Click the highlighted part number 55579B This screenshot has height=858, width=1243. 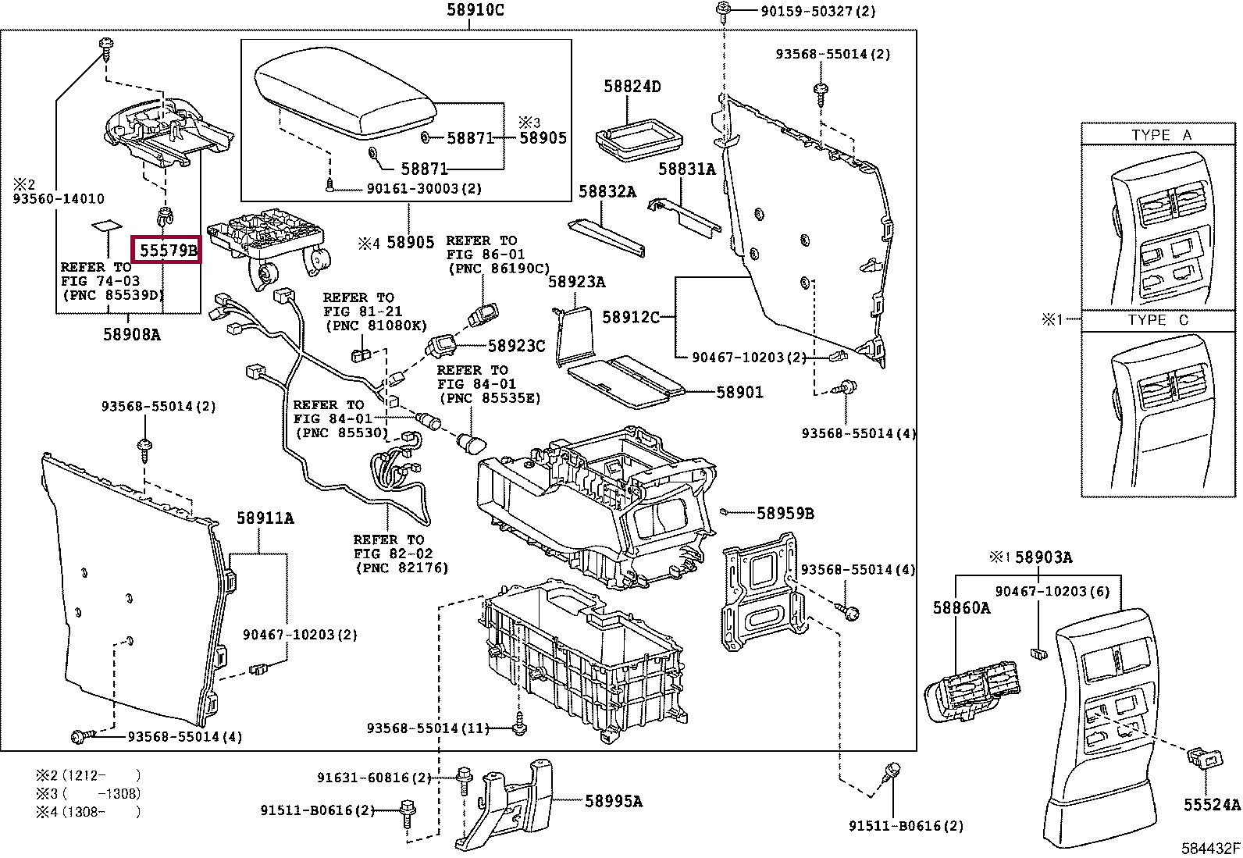[168, 251]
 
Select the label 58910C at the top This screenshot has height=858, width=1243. [475, 10]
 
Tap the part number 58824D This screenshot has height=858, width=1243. [632, 86]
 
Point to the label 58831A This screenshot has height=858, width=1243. [687, 169]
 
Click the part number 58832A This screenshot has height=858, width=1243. [607, 191]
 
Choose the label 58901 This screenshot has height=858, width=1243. [739, 393]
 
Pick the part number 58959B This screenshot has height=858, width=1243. [785, 514]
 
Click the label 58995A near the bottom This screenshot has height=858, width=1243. [614, 801]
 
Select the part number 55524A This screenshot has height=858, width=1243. [1211, 804]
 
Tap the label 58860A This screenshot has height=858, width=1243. [961, 607]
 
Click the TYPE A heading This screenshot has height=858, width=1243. [1162, 135]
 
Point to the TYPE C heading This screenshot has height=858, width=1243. [1158, 320]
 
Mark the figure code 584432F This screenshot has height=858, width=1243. [1209, 848]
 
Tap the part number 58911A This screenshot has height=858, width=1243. [265, 518]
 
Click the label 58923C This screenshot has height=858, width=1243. [516, 346]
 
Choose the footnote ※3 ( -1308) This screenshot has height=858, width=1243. [88, 794]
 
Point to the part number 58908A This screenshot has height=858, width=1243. [131, 334]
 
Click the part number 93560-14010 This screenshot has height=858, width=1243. [59, 198]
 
